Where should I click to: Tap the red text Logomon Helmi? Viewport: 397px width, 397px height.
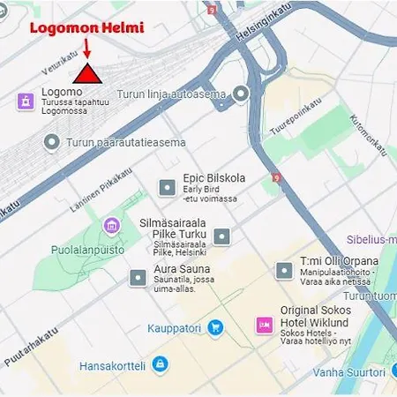pos(86,27)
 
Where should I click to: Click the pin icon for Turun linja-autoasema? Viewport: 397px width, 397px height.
pos(240,94)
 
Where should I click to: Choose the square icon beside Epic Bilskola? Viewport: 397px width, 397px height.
pos(166,187)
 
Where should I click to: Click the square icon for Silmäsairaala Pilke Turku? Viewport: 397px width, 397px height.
pos(222,236)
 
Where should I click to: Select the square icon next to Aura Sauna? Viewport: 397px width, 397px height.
pos(138,277)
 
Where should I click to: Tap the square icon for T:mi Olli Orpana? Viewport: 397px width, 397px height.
pos(284,270)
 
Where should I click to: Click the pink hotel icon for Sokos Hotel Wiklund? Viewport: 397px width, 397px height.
pos(264,326)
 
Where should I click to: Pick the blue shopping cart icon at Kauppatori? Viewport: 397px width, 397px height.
pos(215,328)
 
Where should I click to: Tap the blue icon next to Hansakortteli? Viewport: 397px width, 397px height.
pos(160,363)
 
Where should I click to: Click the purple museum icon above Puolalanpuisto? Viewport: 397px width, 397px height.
pos(111,226)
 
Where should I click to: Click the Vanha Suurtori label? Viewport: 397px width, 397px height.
pos(349,372)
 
